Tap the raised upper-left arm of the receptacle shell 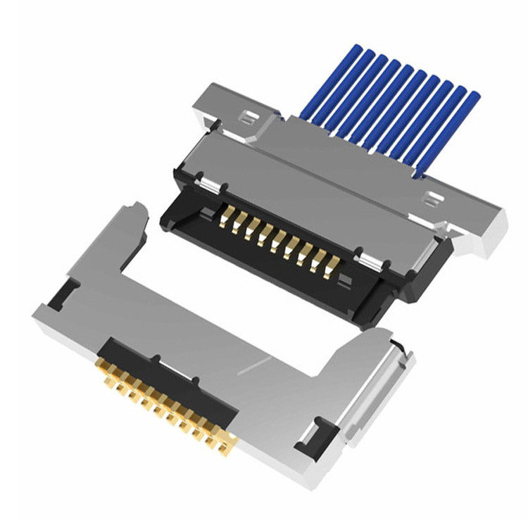point(127,232)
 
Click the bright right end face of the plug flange point(493,236)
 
